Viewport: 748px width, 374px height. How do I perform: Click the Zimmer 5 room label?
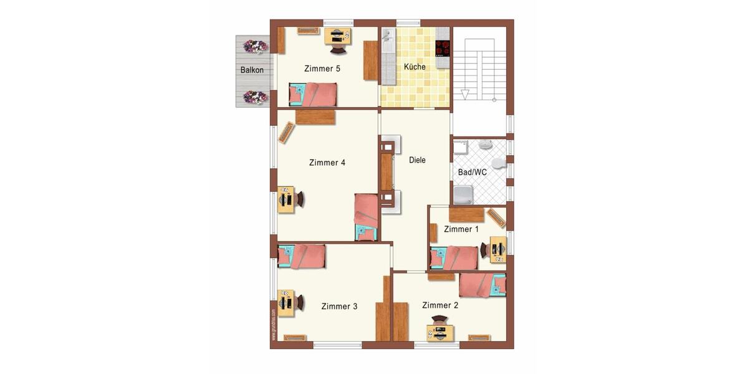322,69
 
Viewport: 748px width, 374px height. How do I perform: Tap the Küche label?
415,67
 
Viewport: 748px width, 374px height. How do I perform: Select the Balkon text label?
252,70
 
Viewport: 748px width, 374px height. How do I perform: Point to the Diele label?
417,160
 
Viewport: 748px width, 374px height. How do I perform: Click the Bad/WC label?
472,172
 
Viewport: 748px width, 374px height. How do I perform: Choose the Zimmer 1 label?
461,229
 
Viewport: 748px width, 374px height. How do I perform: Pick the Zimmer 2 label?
440,305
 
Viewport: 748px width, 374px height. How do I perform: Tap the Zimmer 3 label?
339,306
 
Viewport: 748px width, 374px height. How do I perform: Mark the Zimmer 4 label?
327,163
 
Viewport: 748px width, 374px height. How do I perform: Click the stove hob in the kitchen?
443,48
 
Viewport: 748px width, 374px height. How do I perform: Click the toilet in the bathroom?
498,163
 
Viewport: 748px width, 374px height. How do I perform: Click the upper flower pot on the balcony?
256,46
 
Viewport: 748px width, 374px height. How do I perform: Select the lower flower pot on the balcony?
256,97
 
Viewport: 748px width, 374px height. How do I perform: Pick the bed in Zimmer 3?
302,256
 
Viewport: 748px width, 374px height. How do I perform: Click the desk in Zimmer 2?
440,333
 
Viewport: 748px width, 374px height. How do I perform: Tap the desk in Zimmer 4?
286,199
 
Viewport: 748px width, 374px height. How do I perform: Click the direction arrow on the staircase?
464,94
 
